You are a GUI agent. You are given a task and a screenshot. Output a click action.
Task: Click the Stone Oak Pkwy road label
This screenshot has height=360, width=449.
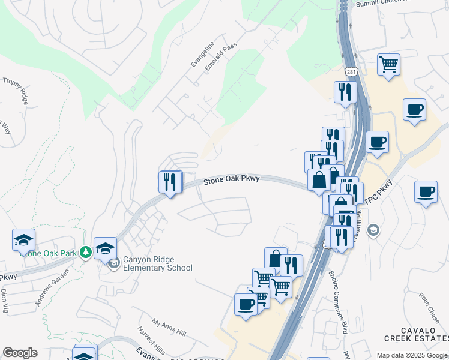coord(231,180)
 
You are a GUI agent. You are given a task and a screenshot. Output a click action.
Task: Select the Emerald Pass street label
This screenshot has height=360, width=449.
coord(221,57)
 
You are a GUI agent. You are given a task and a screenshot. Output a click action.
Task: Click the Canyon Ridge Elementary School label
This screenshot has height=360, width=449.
coord(158,264)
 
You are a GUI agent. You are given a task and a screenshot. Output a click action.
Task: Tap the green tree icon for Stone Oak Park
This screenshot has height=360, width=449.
coord(86,253)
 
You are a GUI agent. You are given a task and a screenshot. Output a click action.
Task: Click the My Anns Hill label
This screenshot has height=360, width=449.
coord(169,328)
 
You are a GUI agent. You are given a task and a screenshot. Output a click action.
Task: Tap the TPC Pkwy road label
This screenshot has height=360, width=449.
coord(379,193)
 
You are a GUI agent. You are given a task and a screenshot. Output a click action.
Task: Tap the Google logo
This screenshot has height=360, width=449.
coord(20,353)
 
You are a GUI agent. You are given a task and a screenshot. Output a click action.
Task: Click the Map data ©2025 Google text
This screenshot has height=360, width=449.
coord(412,355)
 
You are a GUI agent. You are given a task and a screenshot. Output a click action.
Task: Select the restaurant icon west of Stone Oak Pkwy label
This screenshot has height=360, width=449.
coord(170,181)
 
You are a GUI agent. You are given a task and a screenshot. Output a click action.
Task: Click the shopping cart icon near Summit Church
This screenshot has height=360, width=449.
coord(388,64)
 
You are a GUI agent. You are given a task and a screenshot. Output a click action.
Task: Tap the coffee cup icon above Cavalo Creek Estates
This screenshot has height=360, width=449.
coord(426,193)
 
